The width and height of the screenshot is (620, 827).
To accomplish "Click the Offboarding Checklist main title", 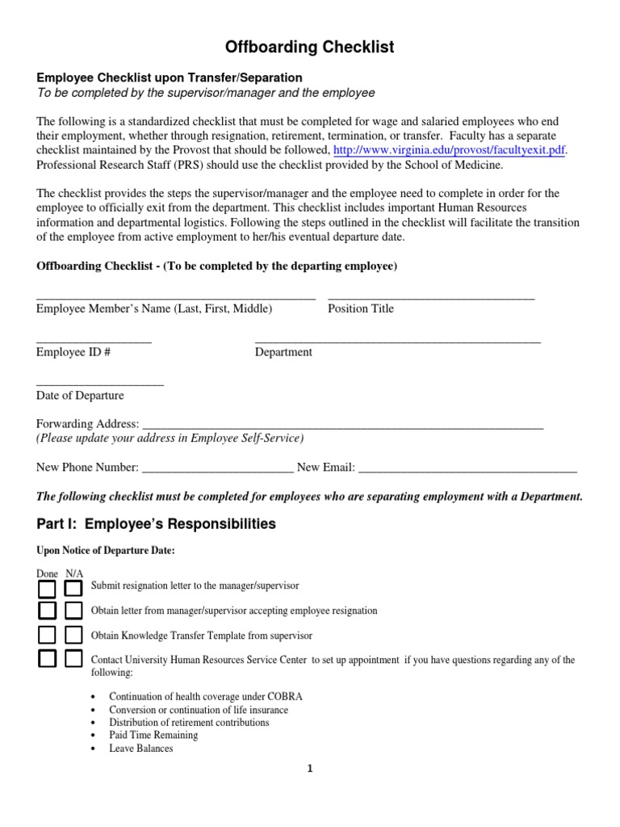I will point(310,48).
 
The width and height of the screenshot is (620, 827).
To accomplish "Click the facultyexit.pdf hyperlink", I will point(449,150).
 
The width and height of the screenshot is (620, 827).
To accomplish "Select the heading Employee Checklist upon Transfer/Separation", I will point(170,78).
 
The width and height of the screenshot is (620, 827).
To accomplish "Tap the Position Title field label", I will point(361,309).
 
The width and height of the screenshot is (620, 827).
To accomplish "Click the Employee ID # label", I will point(73,352).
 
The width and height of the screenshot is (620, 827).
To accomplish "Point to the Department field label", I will point(283,352).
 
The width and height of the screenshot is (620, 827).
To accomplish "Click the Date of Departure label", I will point(80,396).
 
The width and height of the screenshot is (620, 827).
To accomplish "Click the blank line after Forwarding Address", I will point(342,425).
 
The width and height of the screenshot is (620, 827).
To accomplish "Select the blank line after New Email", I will point(467,468).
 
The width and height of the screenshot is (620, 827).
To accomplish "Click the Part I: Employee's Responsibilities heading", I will point(156,524).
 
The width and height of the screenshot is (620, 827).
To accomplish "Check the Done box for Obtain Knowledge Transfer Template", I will point(48,635).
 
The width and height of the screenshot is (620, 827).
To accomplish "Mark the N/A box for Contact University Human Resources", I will point(73,659).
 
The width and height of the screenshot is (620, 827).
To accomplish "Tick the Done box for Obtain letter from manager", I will point(48,611).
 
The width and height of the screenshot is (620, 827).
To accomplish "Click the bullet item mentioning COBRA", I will point(206,696).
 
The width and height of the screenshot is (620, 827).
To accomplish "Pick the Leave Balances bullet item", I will point(141,748).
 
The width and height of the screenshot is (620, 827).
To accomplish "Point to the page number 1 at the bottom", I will point(309,769).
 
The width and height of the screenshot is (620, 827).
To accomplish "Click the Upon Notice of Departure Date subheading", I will point(105,551).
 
